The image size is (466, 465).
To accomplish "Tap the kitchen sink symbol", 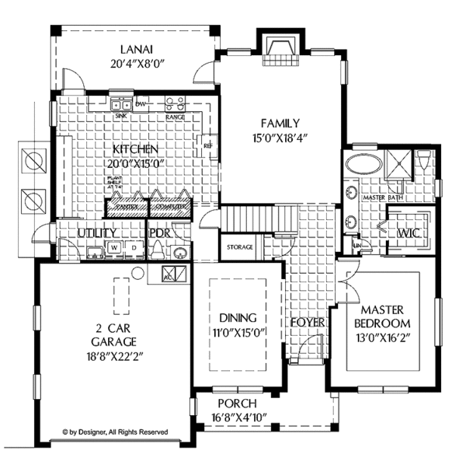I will tap(120, 104).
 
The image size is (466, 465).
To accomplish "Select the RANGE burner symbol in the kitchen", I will tap(175, 104).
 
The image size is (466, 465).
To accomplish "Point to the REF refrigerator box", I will tap(207, 145).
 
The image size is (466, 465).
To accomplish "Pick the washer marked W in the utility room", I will tap(113, 248).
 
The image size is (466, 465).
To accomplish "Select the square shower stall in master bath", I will tap(398, 165).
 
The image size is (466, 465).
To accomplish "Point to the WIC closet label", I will tap(409, 233).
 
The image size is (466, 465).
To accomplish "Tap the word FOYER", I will tap(307, 321).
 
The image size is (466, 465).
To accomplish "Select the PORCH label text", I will tap(238, 404).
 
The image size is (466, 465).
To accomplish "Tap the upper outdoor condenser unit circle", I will tap(34, 163).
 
